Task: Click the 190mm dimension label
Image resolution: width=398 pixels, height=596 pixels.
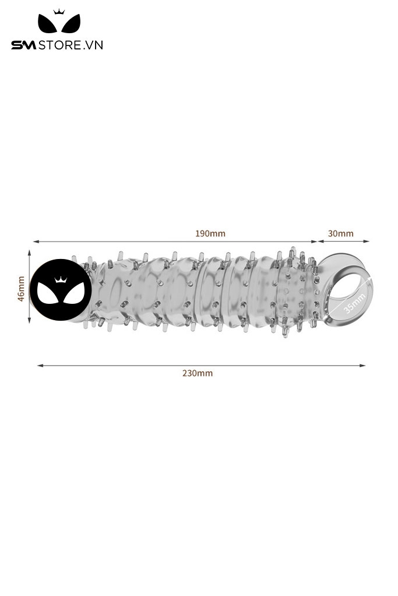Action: (x=210, y=233)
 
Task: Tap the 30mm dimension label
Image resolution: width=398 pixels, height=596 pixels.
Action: (x=340, y=233)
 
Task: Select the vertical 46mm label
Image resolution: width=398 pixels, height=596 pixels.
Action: (x=22, y=289)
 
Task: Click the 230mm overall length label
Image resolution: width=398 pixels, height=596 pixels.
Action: (x=198, y=373)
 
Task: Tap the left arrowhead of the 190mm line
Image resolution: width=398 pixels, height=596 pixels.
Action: (x=36, y=241)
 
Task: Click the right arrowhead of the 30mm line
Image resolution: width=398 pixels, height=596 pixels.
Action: (x=367, y=241)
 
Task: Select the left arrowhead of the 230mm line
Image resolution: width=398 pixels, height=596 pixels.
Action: (x=40, y=366)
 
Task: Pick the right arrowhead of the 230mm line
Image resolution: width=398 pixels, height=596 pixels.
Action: (x=362, y=366)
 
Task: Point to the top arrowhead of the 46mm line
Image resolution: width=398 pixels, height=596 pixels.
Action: (x=29, y=253)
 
